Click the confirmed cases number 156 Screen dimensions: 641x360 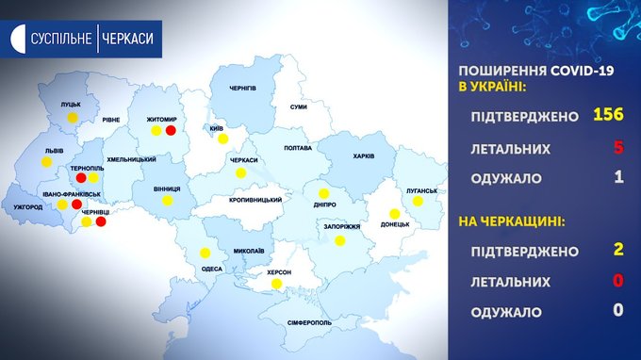pos(608,114)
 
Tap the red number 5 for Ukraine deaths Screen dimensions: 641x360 pos(618,147)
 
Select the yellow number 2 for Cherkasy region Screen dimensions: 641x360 pos(618,249)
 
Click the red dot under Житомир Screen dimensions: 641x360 pos(171,130)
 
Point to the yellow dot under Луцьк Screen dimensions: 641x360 pos(73,118)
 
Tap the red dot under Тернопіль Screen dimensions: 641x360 pos(81,178)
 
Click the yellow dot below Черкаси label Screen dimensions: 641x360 pos(240,173)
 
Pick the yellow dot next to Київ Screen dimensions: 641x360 pos(222,139)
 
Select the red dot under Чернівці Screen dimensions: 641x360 pos(101,221)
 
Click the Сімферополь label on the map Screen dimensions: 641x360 pos(309,323)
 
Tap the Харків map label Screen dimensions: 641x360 pos(364,156)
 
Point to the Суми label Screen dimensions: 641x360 pos(299,106)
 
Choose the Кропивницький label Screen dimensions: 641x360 pos(255,200)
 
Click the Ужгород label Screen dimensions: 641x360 pos(27,207)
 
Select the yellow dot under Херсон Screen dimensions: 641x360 pos(277,284)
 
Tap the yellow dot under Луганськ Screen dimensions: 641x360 pos(418,201)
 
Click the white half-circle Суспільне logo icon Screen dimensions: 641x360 pos(18,39)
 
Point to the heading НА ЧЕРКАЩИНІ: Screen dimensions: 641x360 pos(512,221)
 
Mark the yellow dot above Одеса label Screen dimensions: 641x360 pos(205,253)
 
